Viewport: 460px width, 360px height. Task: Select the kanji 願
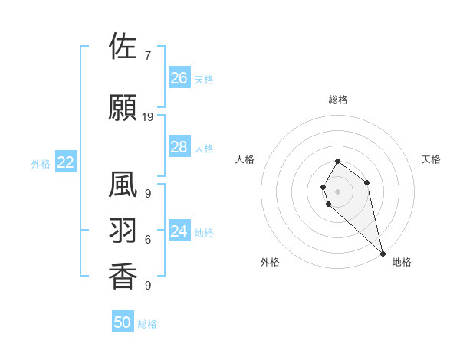(x=123, y=108)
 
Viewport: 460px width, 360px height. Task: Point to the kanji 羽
(x=123, y=231)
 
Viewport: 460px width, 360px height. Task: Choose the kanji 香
(x=123, y=276)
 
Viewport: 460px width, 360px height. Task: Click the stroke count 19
(x=148, y=117)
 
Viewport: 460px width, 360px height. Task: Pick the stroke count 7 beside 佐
(x=147, y=55)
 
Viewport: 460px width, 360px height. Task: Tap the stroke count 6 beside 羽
(x=147, y=240)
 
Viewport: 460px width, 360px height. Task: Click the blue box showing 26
(x=179, y=78)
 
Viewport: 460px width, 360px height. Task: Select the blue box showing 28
(x=179, y=147)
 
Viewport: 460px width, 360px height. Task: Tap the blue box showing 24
(x=179, y=231)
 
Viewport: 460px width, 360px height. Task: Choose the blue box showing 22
(x=66, y=162)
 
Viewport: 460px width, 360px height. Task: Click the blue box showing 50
(x=123, y=322)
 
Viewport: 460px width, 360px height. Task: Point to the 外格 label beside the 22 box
(x=41, y=163)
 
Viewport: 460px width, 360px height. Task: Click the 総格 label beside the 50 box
(x=147, y=324)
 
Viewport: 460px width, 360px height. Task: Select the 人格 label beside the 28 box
(x=204, y=149)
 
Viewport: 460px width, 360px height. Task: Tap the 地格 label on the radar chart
(x=402, y=262)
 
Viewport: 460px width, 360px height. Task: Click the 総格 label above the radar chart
(x=338, y=100)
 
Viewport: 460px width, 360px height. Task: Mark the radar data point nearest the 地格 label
(x=383, y=254)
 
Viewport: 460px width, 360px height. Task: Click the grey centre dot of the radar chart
(x=338, y=191)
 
